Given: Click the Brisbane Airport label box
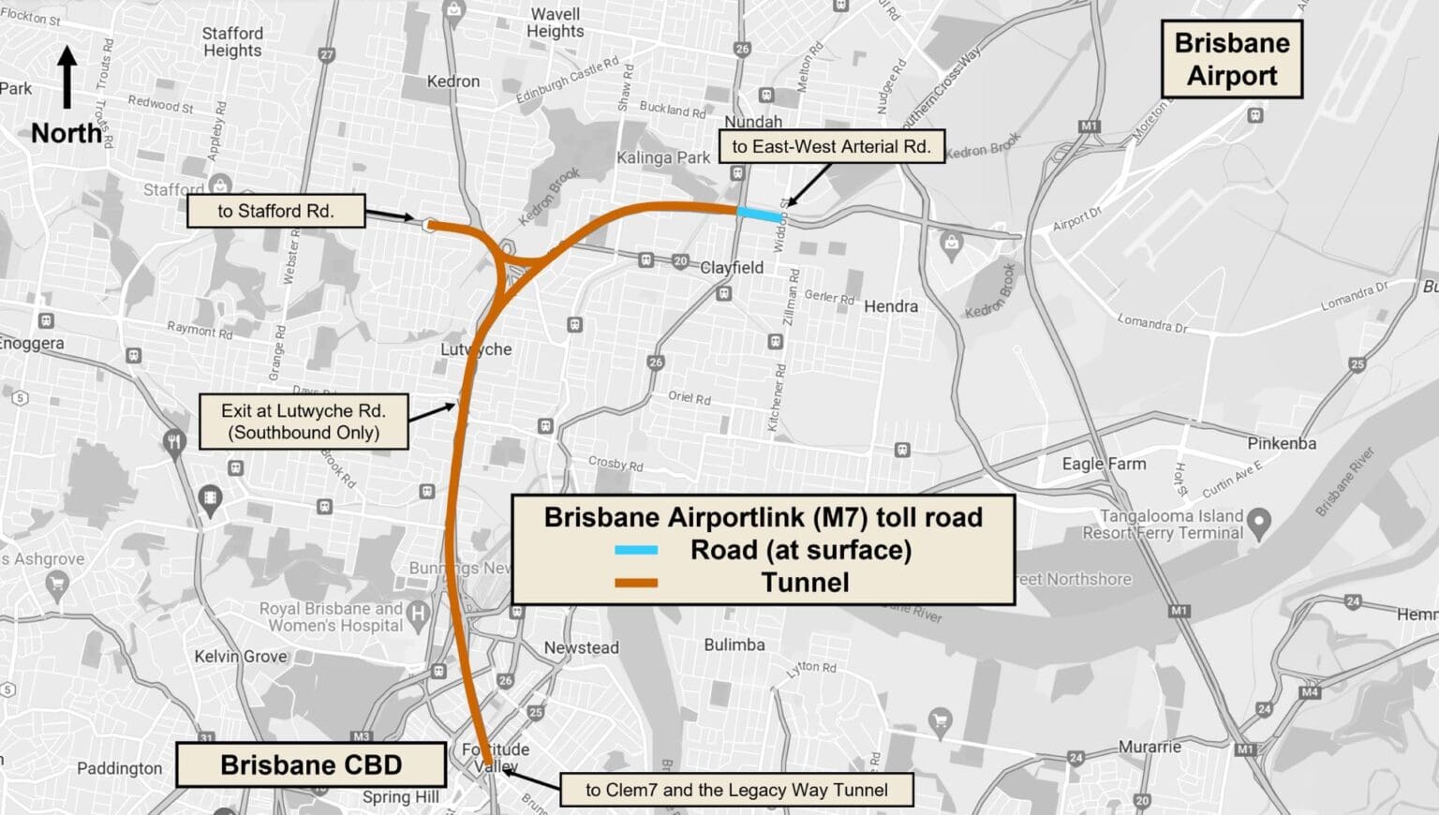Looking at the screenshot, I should coord(1231,59).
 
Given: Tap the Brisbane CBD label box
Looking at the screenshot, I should coord(311,764).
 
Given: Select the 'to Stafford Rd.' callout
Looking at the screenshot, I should coord(275,211).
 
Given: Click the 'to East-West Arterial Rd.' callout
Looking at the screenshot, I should coord(831,146).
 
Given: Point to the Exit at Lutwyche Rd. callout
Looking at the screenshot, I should coord(304,422).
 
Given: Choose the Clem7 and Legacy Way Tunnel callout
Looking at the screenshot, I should coord(736,790).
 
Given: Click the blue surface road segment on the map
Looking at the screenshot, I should coord(759,215).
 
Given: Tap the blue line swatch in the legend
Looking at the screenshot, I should coord(636,550).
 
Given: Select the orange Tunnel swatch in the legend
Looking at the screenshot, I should coord(636,583).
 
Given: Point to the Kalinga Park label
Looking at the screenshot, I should coord(663,157).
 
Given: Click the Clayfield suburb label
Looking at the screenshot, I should coord(732,268).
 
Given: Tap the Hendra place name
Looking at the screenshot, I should coord(890,306).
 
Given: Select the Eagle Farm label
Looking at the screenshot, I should coord(1104,464).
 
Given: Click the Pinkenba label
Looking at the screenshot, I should coord(1281,443).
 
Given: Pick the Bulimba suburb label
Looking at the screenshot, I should coord(734,645).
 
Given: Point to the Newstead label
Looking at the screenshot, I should coord(581,647).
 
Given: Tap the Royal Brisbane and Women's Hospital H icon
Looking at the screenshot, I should coord(419,614).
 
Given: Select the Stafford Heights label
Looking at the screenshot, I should coord(232,41).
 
